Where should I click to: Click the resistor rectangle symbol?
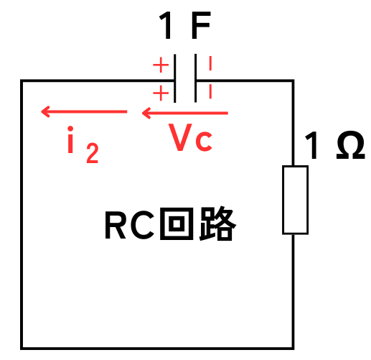click(295, 200)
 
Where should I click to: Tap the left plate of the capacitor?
click(175, 78)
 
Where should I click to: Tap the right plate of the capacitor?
click(196, 78)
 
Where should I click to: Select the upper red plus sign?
click(161, 65)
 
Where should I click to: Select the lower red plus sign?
click(161, 93)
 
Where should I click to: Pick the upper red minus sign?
click(210, 63)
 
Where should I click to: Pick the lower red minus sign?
click(210, 91)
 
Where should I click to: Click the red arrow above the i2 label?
click(84, 111)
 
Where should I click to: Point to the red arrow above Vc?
click(185, 113)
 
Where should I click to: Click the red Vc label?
click(190, 137)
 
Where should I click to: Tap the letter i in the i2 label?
click(70, 139)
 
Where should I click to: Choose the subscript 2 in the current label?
click(93, 153)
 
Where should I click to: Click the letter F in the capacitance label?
click(201, 25)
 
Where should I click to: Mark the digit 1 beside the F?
click(166, 25)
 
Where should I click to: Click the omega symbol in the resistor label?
click(351, 145)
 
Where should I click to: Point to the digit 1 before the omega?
click(311, 145)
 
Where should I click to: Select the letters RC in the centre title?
click(129, 225)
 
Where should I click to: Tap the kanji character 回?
click(177, 223)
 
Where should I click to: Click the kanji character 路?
click(217, 223)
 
